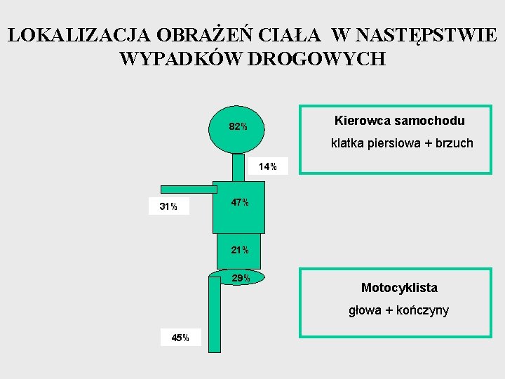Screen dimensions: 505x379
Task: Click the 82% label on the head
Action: (238, 127)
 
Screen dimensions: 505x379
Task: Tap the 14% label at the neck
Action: (268, 167)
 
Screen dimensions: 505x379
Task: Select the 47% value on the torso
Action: (240, 203)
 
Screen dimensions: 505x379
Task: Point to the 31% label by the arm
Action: (168, 207)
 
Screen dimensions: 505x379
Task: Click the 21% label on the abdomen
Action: (240, 251)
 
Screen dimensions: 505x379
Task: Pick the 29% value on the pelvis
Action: (241, 279)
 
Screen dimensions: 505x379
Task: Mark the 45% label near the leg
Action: (180, 338)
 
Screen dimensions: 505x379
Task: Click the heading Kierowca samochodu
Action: (400, 121)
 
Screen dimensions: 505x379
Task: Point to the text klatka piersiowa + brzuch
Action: (402, 143)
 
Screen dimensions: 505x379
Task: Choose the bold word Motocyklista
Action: (399, 288)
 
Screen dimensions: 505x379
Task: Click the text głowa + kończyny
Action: (399, 310)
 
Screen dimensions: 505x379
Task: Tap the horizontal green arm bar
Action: (189, 189)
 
